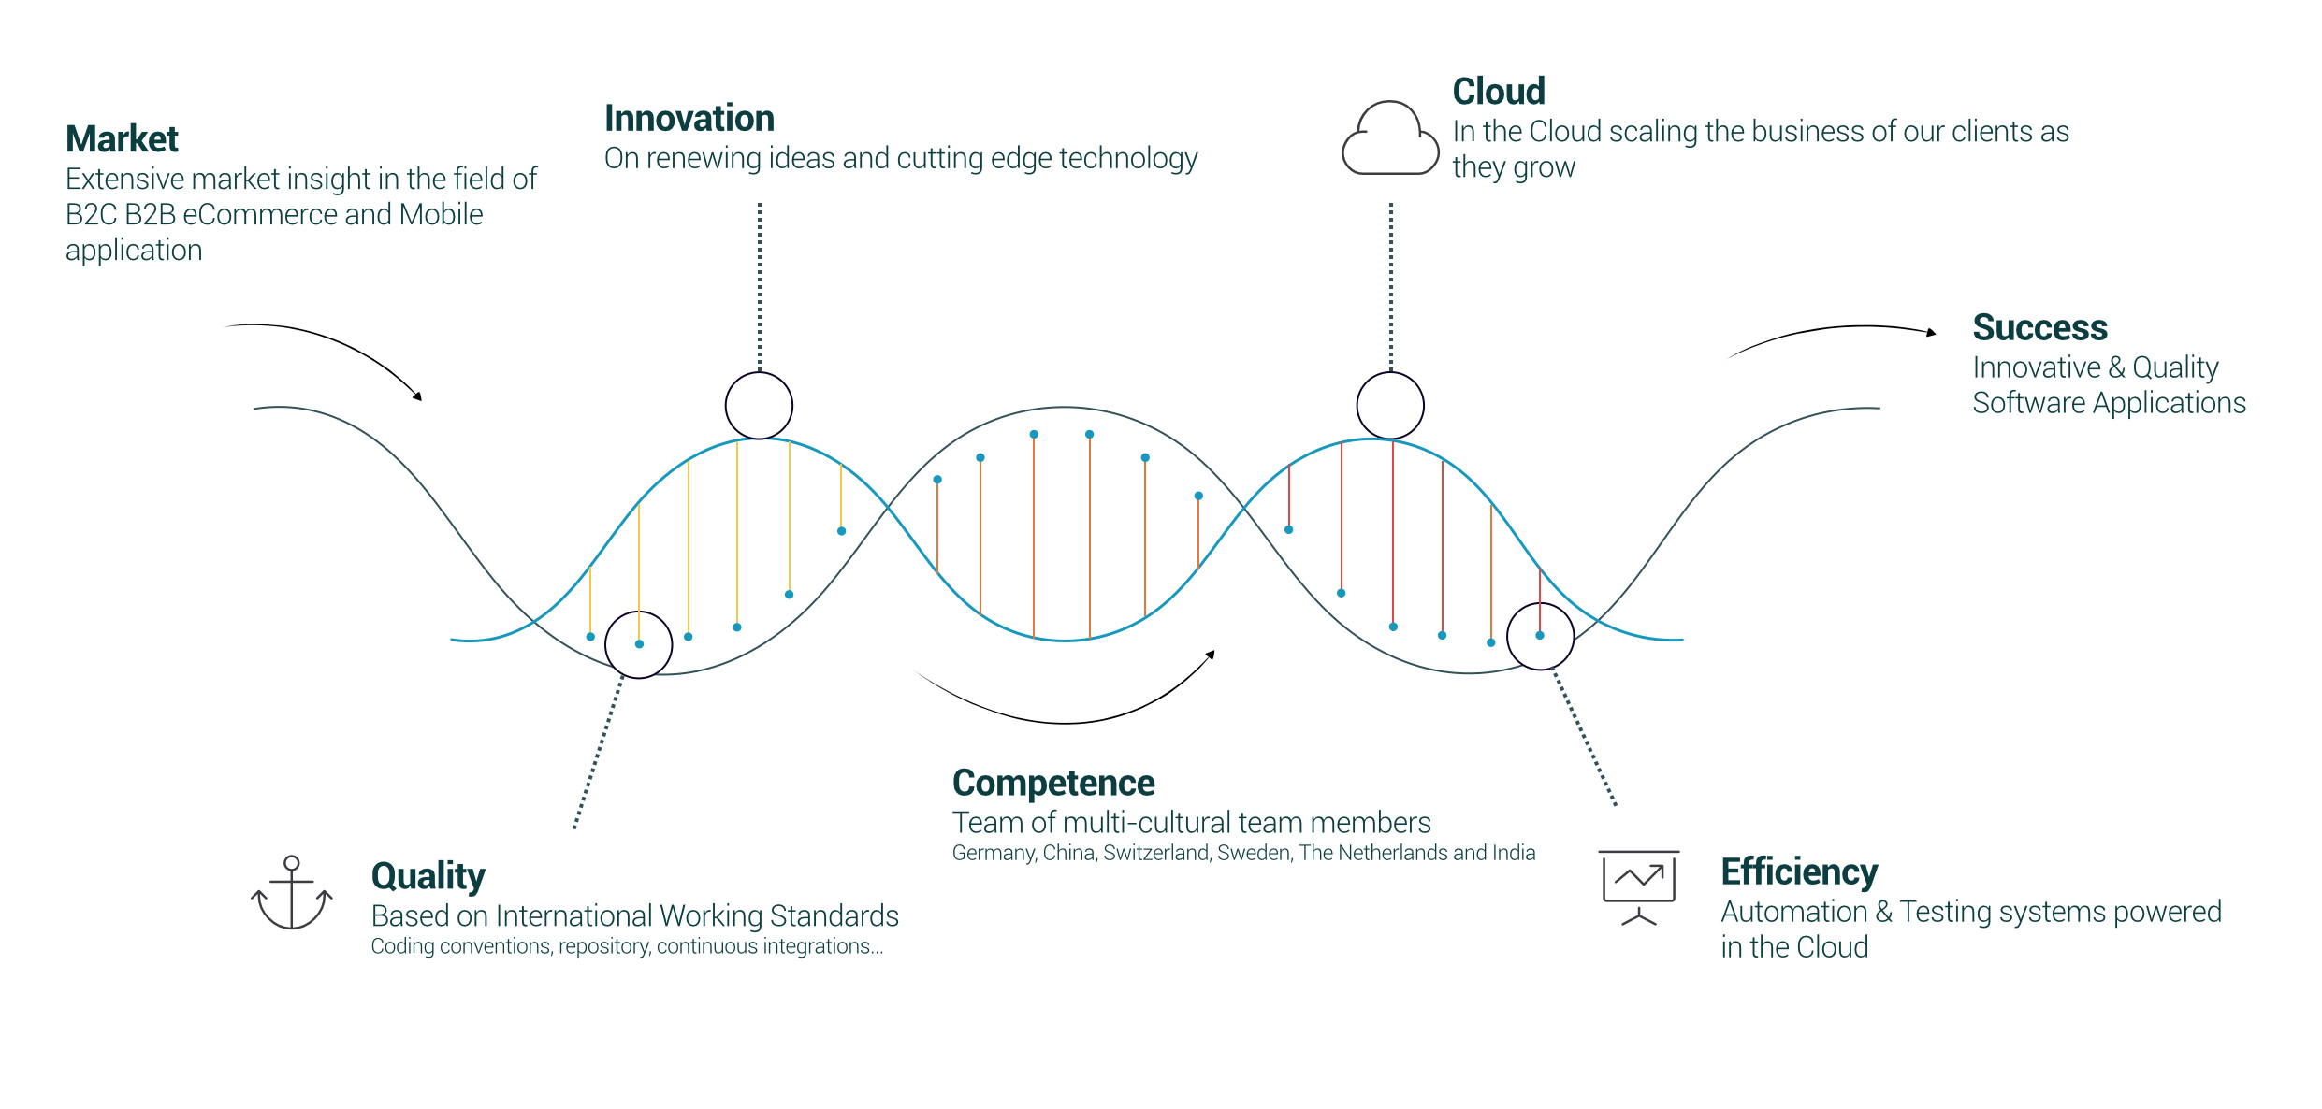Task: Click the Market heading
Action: pyautogui.click(x=122, y=139)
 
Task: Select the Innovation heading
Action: pyautogui.click(x=689, y=119)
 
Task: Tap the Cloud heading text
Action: pyautogui.click(x=1499, y=92)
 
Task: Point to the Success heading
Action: pyautogui.click(x=2039, y=328)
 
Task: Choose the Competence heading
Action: pyautogui.click(x=1053, y=784)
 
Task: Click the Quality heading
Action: pyautogui.click(x=428, y=877)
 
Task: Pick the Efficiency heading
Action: pyautogui.click(x=1799, y=872)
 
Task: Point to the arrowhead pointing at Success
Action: pyautogui.click(x=1931, y=332)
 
